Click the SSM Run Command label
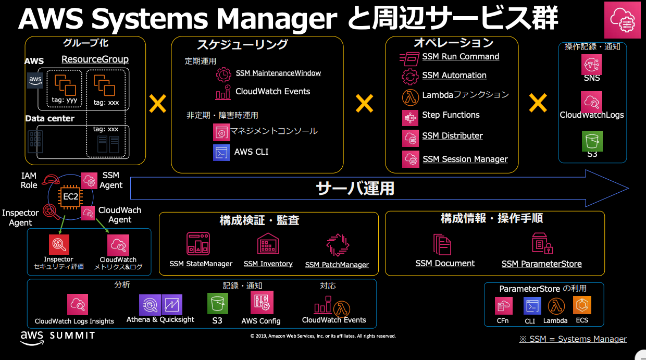(x=461, y=57)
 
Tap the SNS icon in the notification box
(x=591, y=65)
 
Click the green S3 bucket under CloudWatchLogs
(x=592, y=141)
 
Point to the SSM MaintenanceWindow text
(x=278, y=73)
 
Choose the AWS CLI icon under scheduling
(x=221, y=153)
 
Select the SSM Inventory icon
(x=268, y=244)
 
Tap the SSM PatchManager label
(x=337, y=265)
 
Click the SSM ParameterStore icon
(x=542, y=244)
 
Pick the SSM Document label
(x=445, y=264)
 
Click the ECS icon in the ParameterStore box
(x=582, y=305)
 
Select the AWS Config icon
(x=262, y=303)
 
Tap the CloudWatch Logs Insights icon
(x=78, y=304)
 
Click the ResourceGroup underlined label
(x=95, y=59)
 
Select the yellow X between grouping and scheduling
(x=157, y=104)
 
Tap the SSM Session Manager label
(x=465, y=159)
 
